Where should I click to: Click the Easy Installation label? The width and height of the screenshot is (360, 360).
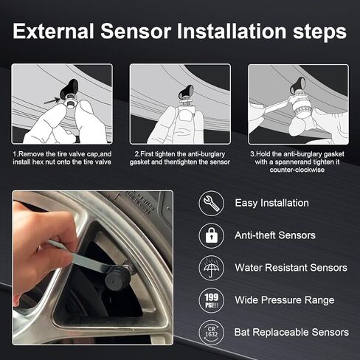271,203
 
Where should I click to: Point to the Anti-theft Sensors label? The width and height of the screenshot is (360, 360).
275,235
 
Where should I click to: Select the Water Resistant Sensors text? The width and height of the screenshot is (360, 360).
291,268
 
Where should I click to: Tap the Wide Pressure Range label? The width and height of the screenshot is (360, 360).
284,300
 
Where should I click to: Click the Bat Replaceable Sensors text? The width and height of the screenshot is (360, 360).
291,333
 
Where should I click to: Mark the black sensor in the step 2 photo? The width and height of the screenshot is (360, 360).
187,94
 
